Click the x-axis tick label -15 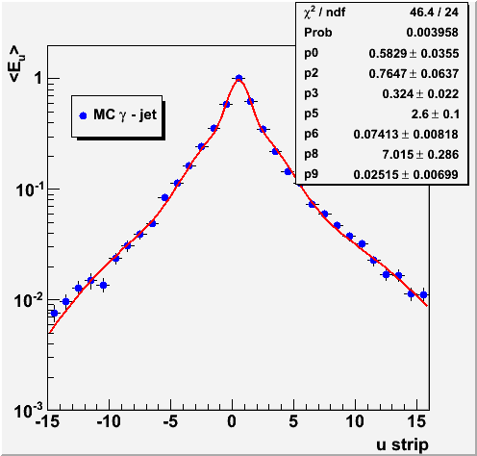pyautogui.click(x=48, y=421)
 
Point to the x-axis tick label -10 pyautogui.click(x=109, y=421)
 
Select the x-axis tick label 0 pyautogui.click(x=232, y=421)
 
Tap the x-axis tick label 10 pyautogui.click(x=355, y=421)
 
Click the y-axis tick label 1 pyautogui.click(x=38, y=78)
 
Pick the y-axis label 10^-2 pyautogui.click(x=28, y=300)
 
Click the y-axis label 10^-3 pyautogui.click(x=28, y=411)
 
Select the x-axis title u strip pyautogui.click(x=402, y=444)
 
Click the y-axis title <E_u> pyautogui.click(x=17, y=64)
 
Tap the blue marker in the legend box pyautogui.click(x=83, y=115)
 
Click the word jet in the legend pyautogui.click(x=148, y=114)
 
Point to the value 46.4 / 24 pyautogui.click(x=434, y=13)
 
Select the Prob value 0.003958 pyautogui.click(x=432, y=33)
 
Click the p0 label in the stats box pyautogui.click(x=311, y=53)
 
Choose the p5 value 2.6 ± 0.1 pyautogui.click(x=435, y=114)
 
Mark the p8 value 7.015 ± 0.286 pyautogui.click(x=420, y=155)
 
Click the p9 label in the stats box pyautogui.click(x=311, y=174)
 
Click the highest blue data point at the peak pyautogui.click(x=238, y=78)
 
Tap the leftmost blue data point pyautogui.click(x=54, y=313)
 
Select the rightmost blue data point pyautogui.click(x=423, y=294)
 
